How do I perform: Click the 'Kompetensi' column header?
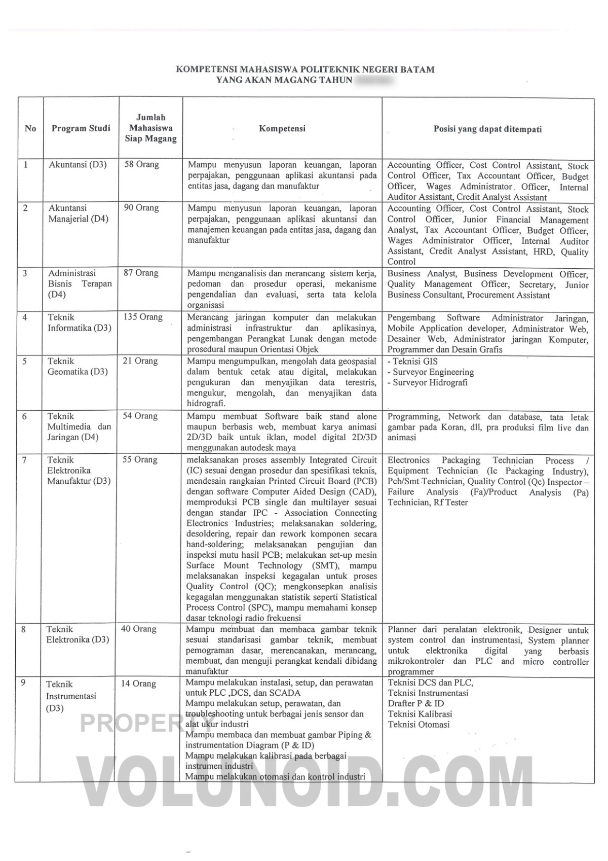tap(282, 129)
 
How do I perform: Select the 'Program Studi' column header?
tap(81, 128)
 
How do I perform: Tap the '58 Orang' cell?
tap(142, 165)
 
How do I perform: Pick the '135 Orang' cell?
tap(143, 317)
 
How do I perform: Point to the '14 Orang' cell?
tap(139, 684)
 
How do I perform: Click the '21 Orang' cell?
tap(140, 361)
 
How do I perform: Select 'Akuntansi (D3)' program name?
tap(78, 165)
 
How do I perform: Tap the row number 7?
tap(24, 460)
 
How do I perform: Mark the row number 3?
tap(25, 273)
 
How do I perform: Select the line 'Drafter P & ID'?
tap(415, 703)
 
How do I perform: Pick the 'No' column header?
tap(30, 128)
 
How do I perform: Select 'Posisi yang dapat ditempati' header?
tap(487, 129)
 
